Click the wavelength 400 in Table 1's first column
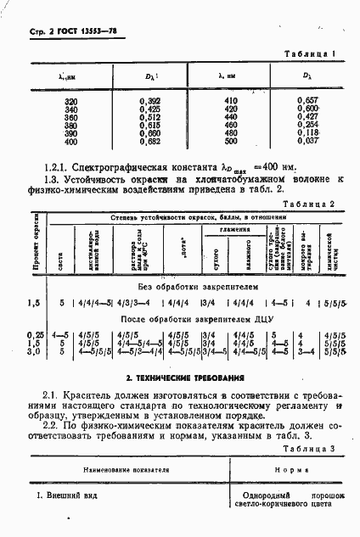tap(70, 140)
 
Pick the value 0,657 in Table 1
tap(307, 102)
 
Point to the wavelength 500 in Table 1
tap(229, 140)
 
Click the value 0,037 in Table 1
tap(307, 140)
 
